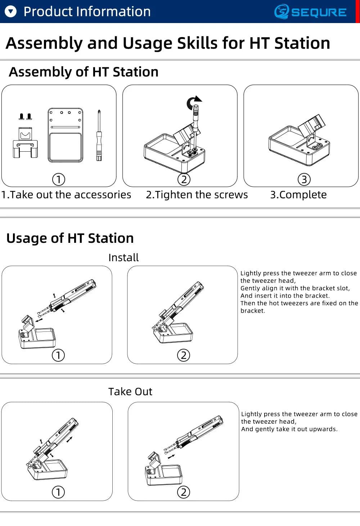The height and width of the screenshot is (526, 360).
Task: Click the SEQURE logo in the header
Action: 310,12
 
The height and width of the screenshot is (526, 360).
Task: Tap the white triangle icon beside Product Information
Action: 11,12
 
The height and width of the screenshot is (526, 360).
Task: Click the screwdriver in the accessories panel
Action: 99,135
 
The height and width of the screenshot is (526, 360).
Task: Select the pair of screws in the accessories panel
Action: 25,116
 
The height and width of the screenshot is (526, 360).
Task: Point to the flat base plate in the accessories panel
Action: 66,135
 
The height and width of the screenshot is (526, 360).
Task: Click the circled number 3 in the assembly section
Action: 304,179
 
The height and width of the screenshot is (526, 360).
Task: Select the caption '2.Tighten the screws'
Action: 197,195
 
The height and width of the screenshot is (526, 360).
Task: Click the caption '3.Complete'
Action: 298,195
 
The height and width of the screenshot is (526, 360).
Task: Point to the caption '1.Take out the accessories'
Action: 66,195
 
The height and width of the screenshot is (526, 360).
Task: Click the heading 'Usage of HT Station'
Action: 70,239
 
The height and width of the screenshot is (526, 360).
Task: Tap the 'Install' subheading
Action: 123,258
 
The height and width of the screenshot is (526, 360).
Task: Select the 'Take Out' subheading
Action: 130,392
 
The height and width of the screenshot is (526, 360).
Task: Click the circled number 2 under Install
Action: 184,355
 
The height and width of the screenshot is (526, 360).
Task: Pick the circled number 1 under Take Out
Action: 58,492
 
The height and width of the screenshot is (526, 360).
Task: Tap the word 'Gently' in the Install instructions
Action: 250,288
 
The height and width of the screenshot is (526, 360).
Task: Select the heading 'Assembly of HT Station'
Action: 84,72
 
